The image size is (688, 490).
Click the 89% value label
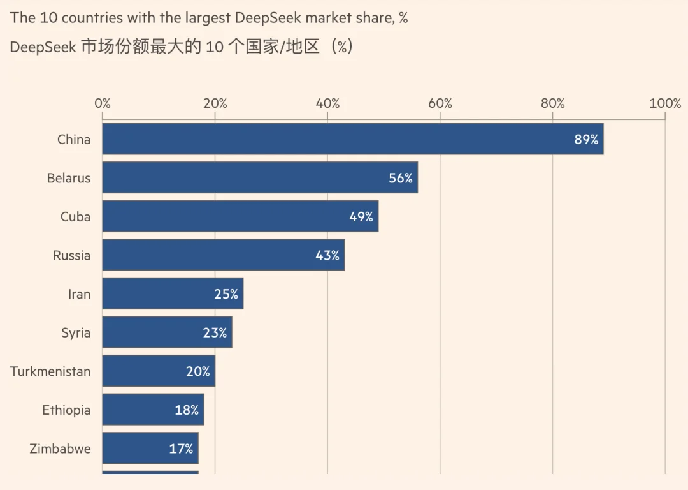pyautogui.click(x=586, y=139)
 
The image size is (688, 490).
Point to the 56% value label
pyautogui.click(x=401, y=178)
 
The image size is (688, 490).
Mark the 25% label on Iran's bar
pyautogui.click(x=226, y=294)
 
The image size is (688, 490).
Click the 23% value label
pyautogui.click(x=215, y=333)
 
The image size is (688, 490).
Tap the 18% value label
pyautogui.click(x=187, y=410)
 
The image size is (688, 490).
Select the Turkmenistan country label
pyautogui.click(x=50, y=371)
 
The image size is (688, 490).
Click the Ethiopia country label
pyautogui.click(x=66, y=410)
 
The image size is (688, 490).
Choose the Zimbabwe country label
pyautogui.click(x=60, y=449)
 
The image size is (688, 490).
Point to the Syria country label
pyautogui.click(x=76, y=333)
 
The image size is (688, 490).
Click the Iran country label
pyautogui.click(x=80, y=294)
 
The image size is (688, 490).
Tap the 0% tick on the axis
pyautogui.click(x=103, y=103)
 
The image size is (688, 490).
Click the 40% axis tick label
pyautogui.click(x=327, y=103)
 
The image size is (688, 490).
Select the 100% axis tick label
pyautogui.click(x=665, y=103)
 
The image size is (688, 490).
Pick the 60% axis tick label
pyautogui.click(x=440, y=103)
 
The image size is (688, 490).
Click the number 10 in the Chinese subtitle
pyautogui.click(x=214, y=47)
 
